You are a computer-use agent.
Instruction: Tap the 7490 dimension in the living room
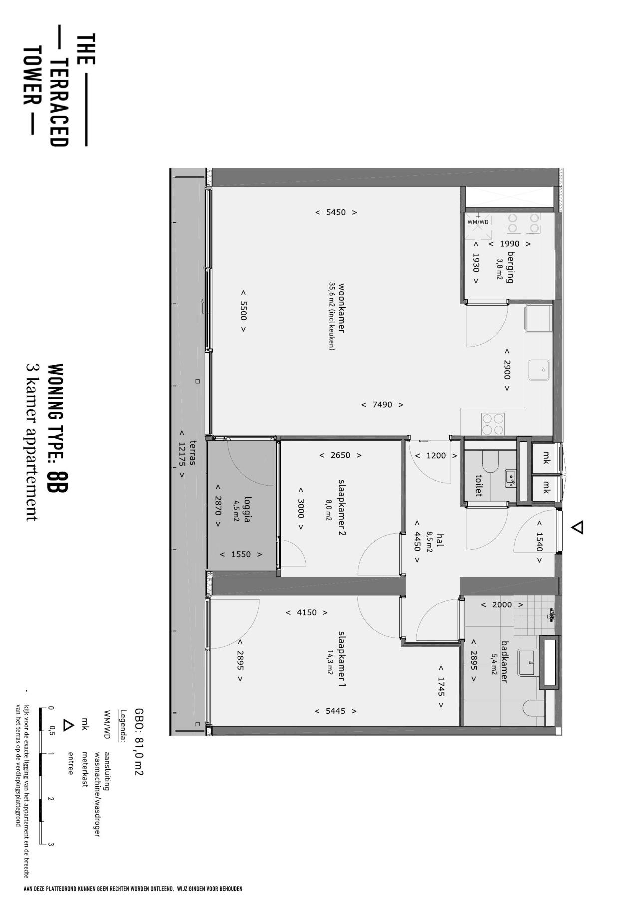click(382, 405)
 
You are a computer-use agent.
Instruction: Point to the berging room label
click(510, 267)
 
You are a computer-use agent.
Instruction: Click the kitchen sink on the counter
click(539, 370)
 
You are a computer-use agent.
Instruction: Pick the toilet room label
click(479, 485)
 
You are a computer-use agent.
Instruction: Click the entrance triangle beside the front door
click(577, 527)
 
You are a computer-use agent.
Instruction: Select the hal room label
click(440, 540)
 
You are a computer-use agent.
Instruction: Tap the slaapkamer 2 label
click(342, 508)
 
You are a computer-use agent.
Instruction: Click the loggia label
click(247, 511)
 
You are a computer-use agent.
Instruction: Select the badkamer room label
click(504, 662)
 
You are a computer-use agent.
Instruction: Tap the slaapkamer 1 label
click(342, 659)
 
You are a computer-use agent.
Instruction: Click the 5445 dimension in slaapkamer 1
click(335, 711)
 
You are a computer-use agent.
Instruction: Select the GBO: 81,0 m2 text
click(139, 741)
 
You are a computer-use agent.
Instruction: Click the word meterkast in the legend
click(85, 769)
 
